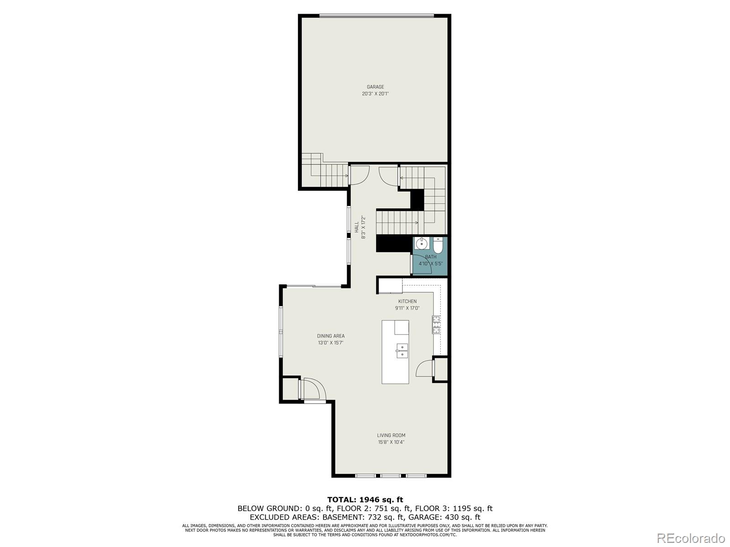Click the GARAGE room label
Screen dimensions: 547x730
pos(375,87)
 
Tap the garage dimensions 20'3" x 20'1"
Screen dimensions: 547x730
pos(375,93)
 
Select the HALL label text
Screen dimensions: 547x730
pos(357,227)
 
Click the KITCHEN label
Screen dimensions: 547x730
pos(407,301)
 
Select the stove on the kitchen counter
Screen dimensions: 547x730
pos(437,324)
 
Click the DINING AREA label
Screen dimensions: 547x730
pos(331,336)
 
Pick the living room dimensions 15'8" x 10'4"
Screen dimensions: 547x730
pos(391,442)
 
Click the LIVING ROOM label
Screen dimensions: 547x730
pos(391,435)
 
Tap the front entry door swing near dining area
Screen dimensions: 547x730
pos(314,390)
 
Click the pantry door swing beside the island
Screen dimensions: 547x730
pos(424,367)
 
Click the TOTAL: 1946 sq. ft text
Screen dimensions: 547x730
pos(365,500)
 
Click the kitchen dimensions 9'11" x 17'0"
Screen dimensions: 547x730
pos(407,308)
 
